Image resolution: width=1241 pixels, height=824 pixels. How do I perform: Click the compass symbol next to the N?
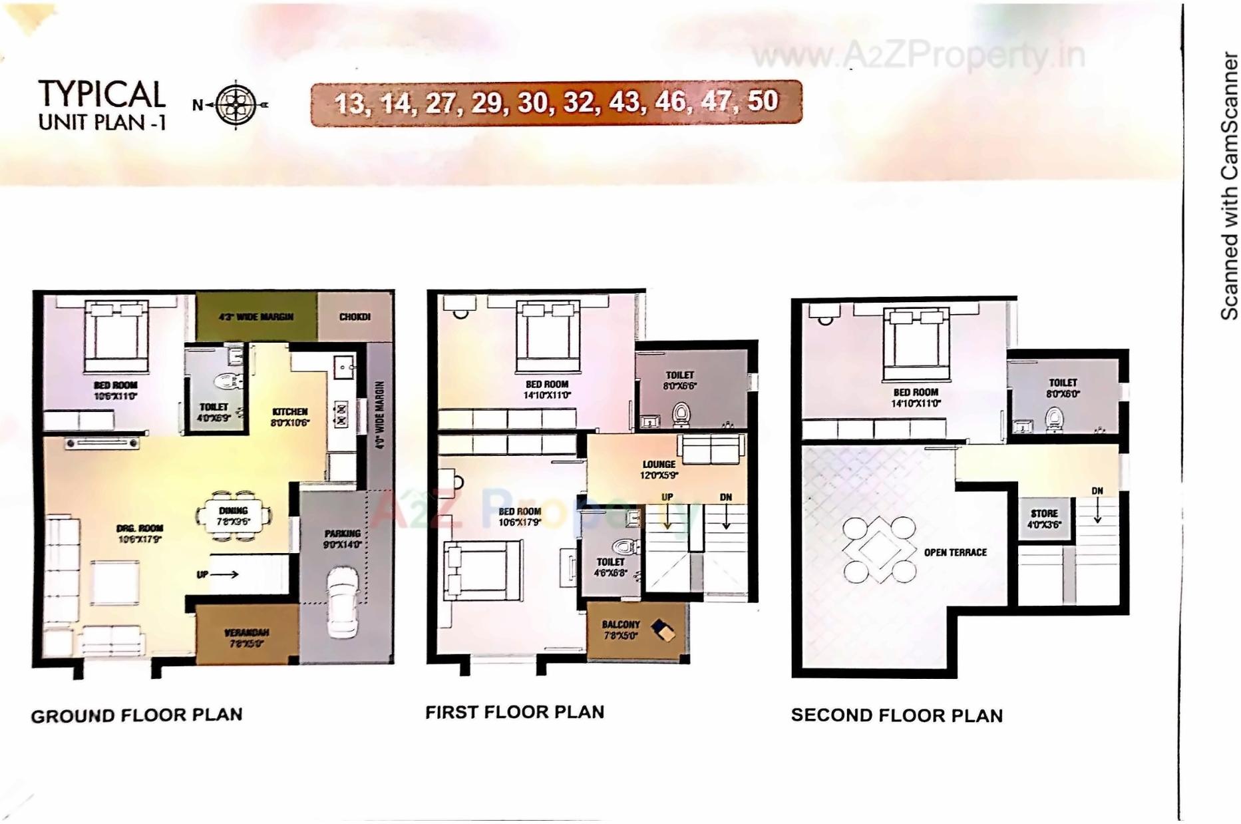point(236,104)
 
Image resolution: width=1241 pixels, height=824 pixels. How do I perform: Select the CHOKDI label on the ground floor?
point(355,317)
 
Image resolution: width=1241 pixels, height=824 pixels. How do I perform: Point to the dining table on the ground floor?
point(234,516)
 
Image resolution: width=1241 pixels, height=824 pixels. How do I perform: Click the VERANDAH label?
point(246,637)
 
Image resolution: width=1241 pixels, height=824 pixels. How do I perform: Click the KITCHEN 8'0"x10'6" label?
point(289,417)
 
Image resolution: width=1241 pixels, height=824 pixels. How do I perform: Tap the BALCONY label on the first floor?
point(620,630)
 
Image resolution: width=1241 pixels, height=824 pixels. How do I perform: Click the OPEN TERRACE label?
point(955,552)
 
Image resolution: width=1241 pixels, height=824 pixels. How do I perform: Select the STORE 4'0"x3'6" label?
point(1043,518)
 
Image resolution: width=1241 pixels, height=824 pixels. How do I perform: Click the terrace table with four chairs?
point(878,550)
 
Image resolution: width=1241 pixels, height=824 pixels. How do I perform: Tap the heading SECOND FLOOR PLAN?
point(896,716)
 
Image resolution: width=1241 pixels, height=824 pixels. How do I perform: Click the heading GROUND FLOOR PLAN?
point(136,716)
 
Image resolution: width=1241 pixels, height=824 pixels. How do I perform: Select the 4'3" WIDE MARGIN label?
point(256,317)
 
